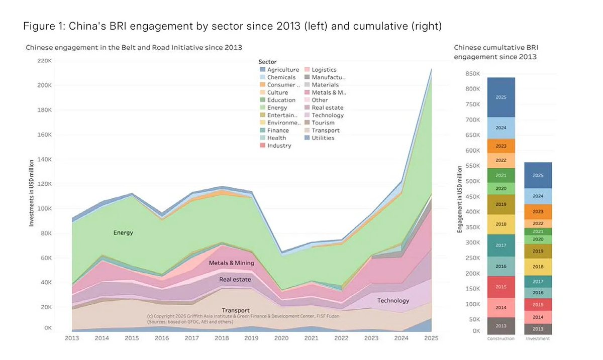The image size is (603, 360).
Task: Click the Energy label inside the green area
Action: click(x=123, y=233)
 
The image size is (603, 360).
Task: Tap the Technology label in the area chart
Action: click(x=393, y=301)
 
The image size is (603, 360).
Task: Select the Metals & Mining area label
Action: click(x=231, y=263)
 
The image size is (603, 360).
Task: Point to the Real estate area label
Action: click(x=235, y=280)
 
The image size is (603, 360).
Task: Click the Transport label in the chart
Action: click(x=236, y=311)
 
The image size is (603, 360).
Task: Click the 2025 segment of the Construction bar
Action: click(x=500, y=97)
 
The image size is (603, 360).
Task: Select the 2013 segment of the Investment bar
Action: click(x=537, y=329)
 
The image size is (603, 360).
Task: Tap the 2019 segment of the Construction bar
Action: click(x=500, y=204)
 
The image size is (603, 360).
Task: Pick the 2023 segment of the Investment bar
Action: click(x=537, y=211)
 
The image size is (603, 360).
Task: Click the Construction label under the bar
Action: click(x=500, y=338)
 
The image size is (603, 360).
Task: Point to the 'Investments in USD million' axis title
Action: click(x=32, y=193)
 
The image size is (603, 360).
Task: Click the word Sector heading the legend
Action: click(x=267, y=62)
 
